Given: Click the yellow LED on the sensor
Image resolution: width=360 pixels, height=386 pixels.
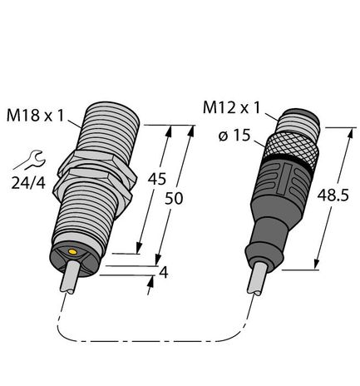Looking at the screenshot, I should point(74,251).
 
